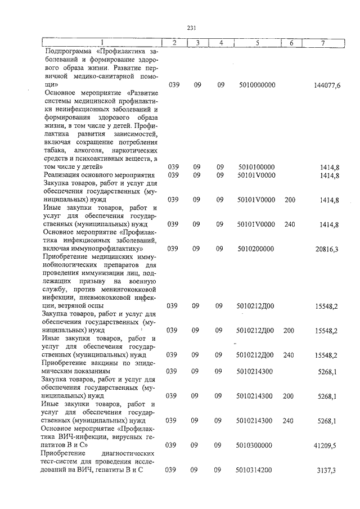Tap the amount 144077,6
tap(327, 85)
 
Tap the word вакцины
tap(103, 363)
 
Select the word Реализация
tap(64, 175)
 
